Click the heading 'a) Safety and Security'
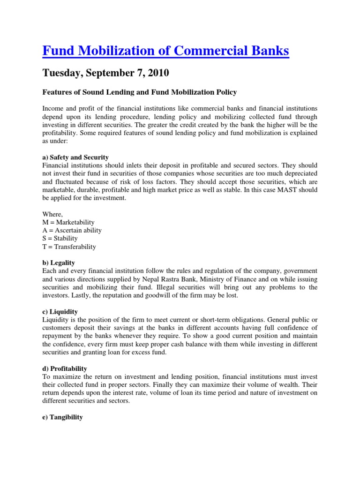coord(75,157)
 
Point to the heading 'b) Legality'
coord(59,263)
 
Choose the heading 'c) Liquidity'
coord(60,311)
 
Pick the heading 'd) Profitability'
coord(65,369)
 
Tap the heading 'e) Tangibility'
coord(62,417)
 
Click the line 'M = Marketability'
coord(68,222)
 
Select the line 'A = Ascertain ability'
coord(72,230)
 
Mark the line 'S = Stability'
coord(60,238)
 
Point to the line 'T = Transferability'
coord(69,247)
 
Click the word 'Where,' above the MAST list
coord(52,214)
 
